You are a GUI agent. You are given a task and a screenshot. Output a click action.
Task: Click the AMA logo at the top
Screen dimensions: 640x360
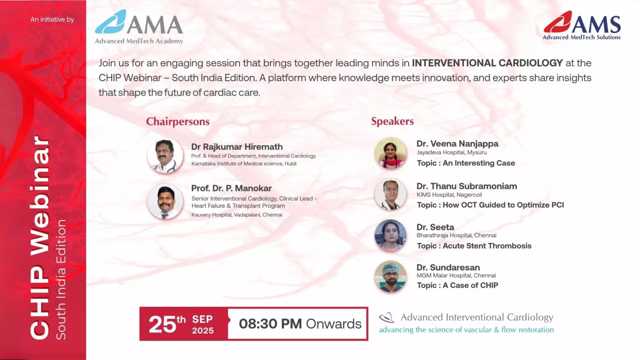click(x=139, y=27)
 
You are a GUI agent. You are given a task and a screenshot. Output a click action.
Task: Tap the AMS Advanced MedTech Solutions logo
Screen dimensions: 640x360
click(x=582, y=25)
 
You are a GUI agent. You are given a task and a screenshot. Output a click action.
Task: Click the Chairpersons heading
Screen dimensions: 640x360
click(x=178, y=121)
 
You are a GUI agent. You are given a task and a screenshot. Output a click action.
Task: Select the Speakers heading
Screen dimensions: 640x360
click(x=392, y=121)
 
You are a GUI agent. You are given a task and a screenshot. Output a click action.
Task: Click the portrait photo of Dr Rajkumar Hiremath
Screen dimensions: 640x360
click(x=165, y=156)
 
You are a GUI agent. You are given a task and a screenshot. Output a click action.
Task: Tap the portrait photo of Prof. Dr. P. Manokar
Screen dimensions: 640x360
click(x=165, y=201)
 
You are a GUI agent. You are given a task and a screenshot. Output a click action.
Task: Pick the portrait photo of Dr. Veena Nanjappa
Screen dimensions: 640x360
click(x=390, y=153)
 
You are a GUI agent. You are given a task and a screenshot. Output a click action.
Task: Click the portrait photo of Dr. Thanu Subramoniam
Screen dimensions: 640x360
click(x=390, y=195)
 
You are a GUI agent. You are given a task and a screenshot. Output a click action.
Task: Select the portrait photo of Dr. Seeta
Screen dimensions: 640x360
click(x=390, y=236)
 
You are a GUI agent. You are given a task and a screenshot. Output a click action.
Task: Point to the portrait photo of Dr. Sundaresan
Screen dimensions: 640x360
click(x=390, y=277)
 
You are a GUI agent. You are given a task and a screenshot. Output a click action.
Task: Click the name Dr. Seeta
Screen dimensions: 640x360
click(x=435, y=227)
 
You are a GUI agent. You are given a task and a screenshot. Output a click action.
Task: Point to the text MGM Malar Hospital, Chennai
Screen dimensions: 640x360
click(x=456, y=275)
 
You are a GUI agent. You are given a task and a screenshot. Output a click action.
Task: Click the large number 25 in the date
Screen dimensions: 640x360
click(x=162, y=324)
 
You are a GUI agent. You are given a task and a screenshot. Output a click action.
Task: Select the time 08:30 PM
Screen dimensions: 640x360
click(x=270, y=324)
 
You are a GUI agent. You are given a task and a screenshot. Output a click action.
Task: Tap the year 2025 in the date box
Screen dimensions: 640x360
click(x=203, y=331)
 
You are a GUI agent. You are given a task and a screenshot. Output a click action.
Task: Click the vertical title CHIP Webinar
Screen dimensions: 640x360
click(x=40, y=237)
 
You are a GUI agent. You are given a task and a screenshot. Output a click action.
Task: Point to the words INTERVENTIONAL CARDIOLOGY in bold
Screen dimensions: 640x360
click(x=487, y=63)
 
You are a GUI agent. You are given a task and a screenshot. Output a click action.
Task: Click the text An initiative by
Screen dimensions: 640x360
click(x=52, y=19)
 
